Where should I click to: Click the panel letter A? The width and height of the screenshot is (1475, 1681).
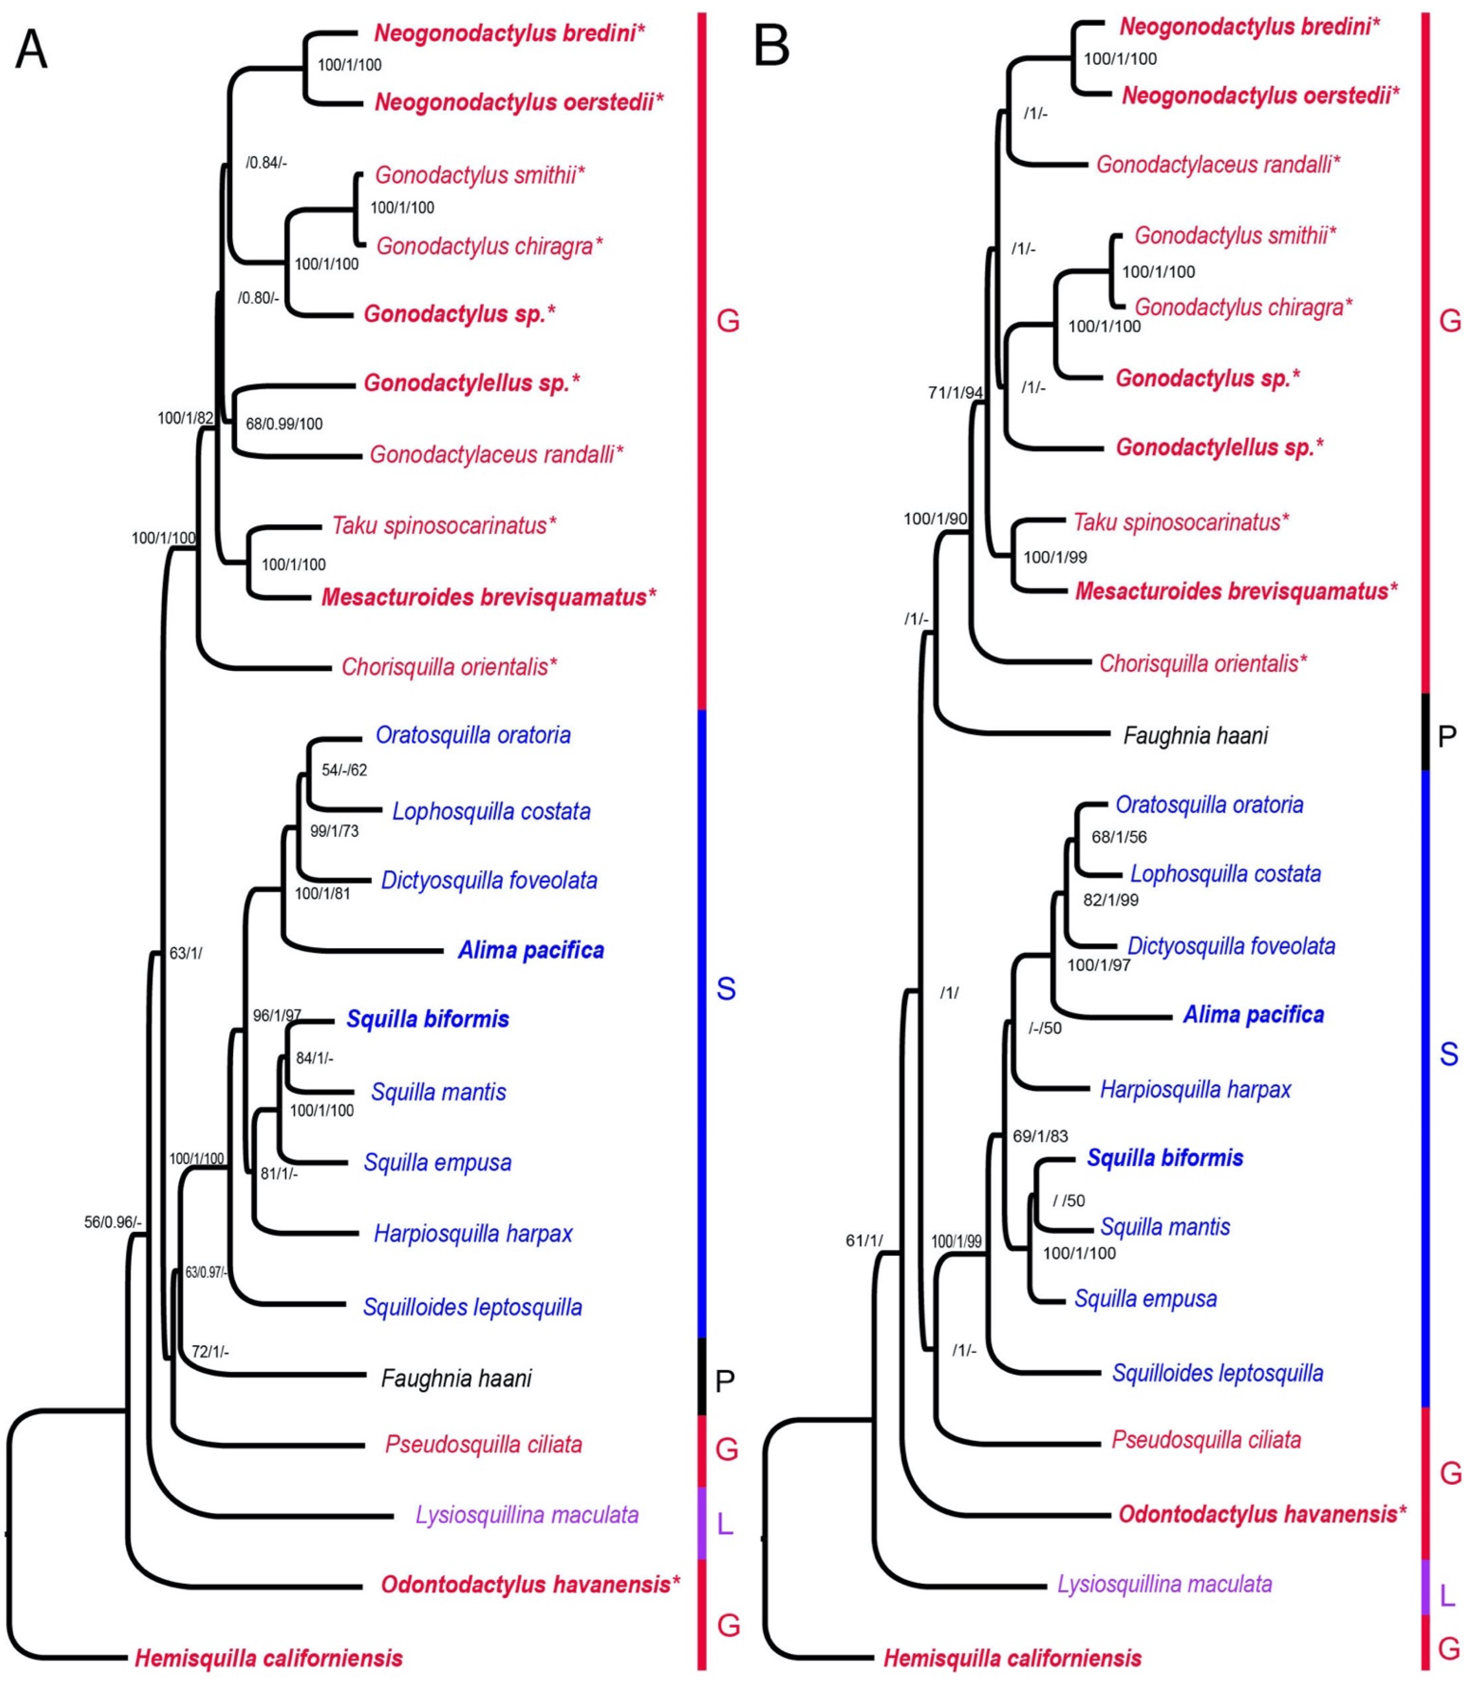(x=31, y=49)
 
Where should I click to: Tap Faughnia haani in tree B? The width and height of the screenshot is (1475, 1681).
(x=1195, y=735)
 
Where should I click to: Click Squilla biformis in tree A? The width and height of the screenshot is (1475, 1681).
(x=428, y=1019)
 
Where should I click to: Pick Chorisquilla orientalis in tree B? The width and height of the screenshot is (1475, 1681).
(x=1203, y=663)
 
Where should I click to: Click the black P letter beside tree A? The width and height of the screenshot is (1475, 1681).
(x=724, y=1381)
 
